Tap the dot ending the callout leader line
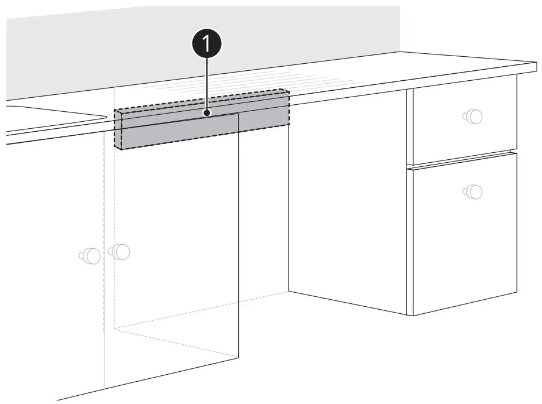(206, 112)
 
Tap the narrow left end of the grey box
(117, 129)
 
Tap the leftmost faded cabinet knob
(89, 255)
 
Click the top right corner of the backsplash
(400, 8)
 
